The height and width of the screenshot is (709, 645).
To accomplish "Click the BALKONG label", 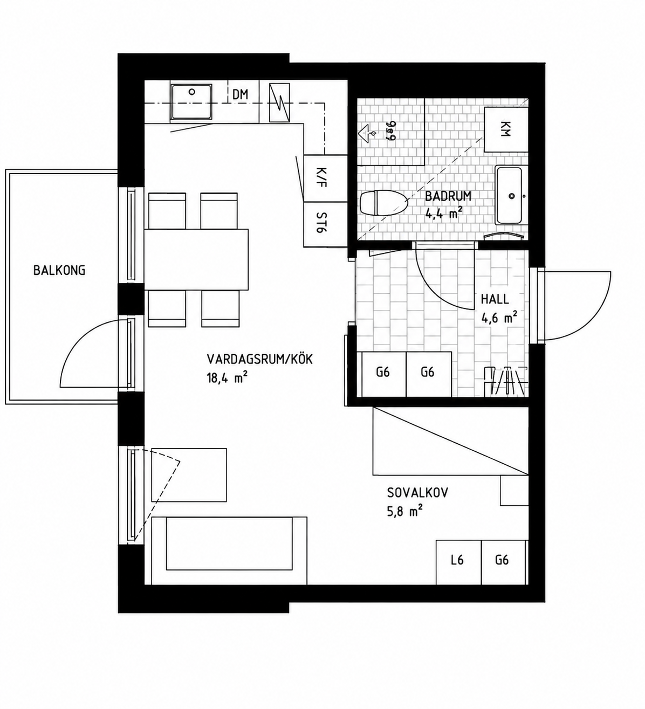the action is (x=59, y=270).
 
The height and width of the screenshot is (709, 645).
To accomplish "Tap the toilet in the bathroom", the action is (x=383, y=203).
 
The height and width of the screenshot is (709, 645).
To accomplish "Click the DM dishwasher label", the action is (x=240, y=94).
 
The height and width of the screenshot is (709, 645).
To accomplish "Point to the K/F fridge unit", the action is (x=325, y=178).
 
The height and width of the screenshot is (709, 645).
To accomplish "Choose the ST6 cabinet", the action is (x=325, y=224).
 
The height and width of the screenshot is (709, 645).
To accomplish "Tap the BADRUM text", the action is (x=448, y=196).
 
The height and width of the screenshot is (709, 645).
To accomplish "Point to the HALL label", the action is (x=495, y=299).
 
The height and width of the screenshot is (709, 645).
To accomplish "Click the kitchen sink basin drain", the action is (x=191, y=92).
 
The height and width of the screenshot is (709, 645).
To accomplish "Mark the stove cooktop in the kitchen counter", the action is (x=279, y=102).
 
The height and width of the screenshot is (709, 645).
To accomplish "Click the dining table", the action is (x=196, y=260).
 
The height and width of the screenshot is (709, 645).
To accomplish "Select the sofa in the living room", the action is (x=229, y=550).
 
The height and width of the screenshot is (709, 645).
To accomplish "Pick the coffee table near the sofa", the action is (x=189, y=474).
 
